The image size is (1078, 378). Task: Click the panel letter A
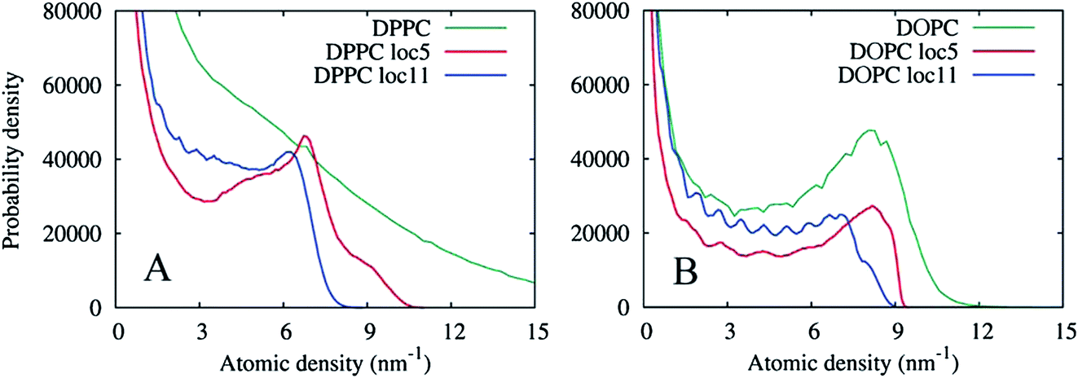[x=158, y=268]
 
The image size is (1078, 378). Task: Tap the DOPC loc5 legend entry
[x=938, y=51]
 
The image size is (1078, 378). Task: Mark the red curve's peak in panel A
[x=305, y=136]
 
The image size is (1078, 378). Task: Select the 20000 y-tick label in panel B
[x=614, y=233]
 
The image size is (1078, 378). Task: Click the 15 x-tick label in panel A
[x=535, y=332]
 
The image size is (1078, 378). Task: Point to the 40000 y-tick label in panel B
[x=614, y=159]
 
